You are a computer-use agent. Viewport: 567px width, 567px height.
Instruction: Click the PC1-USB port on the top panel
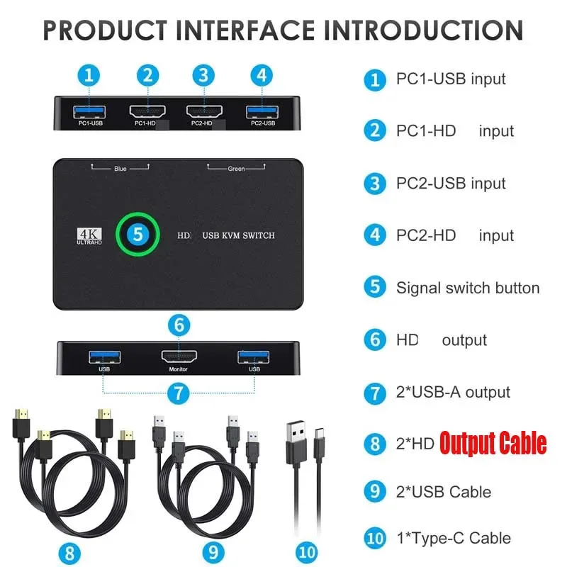coord(89,112)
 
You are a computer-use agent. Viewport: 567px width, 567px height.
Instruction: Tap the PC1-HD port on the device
coord(147,111)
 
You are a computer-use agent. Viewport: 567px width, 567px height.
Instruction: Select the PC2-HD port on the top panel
coord(204,111)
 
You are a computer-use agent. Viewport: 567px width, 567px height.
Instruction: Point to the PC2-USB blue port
coord(262,112)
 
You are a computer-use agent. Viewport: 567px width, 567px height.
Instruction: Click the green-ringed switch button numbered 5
coord(137,235)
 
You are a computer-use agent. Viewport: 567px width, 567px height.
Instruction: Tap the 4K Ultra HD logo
coord(89,236)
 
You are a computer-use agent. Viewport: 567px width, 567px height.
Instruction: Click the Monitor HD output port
coord(179,357)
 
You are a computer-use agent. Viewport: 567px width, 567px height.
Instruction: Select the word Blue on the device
coord(120,169)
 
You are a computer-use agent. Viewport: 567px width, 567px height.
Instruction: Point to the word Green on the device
coord(236,169)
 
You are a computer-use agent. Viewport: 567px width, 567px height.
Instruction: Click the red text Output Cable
coord(493,443)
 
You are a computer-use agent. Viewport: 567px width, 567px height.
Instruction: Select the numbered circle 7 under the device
coord(179,393)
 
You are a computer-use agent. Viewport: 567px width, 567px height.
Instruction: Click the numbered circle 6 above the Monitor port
coord(179,325)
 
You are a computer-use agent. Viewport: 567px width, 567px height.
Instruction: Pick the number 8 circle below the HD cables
coord(69,554)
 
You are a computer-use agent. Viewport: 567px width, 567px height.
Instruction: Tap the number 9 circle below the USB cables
coord(213,553)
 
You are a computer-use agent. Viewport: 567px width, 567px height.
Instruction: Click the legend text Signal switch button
coord(468,288)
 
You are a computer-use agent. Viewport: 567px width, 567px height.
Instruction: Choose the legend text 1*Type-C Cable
coord(454,538)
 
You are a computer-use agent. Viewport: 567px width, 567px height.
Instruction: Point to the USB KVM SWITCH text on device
coord(239,235)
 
